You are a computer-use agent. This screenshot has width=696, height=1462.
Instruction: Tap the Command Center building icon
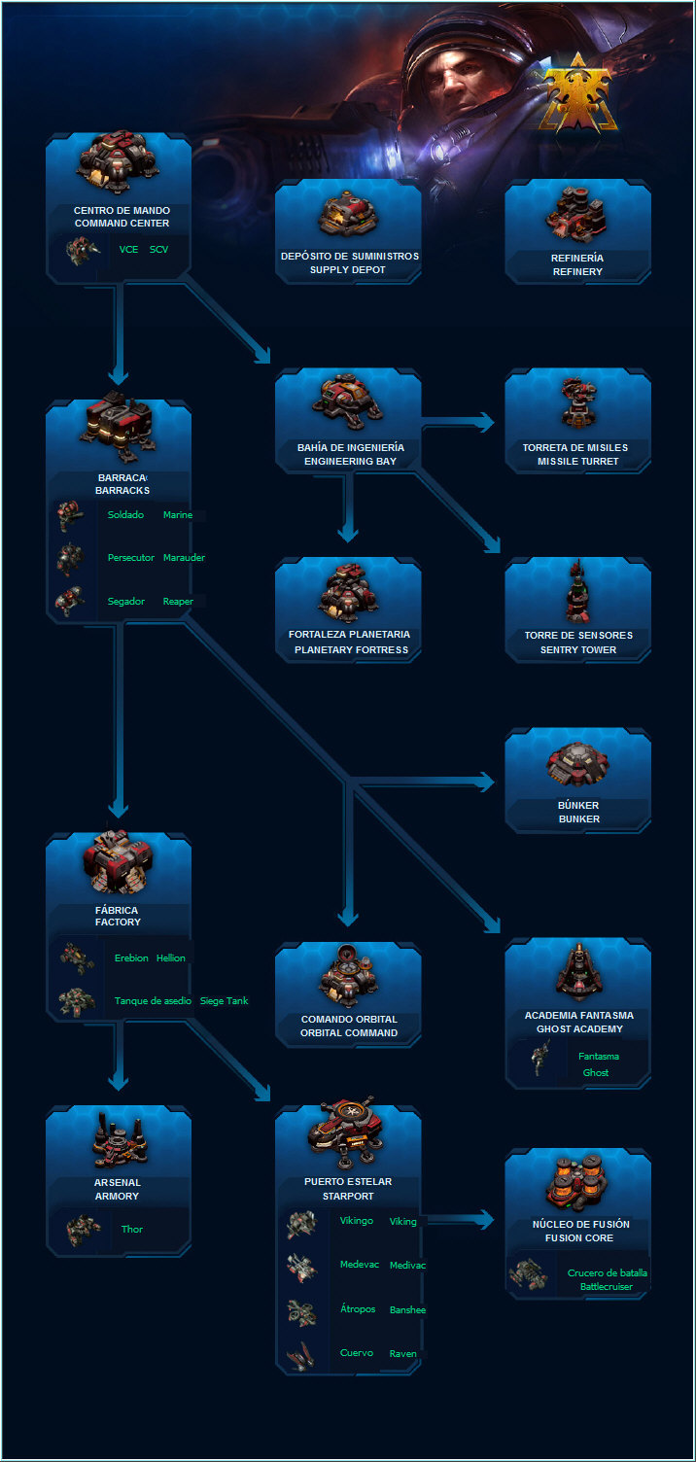click(118, 162)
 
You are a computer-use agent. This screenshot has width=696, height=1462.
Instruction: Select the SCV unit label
click(158, 249)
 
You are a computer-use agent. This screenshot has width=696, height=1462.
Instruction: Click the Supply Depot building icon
click(348, 214)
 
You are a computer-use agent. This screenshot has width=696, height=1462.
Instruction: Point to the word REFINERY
click(577, 271)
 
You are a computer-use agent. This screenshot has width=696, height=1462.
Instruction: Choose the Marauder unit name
click(184, 557)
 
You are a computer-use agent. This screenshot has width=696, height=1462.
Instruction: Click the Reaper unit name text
click(178, 601)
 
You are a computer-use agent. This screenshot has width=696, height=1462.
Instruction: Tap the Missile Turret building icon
click(577, 402)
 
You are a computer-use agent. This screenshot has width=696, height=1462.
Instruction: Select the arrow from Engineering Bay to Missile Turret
click(458, 422)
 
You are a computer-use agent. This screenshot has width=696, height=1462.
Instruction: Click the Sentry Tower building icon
click(577, 591)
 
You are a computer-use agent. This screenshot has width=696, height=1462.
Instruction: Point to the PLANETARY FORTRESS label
click(351, 650)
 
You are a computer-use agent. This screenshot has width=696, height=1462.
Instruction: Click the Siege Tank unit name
click(224, 1000)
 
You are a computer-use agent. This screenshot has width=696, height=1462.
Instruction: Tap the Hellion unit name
click(171, 958)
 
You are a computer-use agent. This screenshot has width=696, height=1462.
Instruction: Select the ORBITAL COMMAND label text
click(349, 1032)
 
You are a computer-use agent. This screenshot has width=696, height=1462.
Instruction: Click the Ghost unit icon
click(539, 1058)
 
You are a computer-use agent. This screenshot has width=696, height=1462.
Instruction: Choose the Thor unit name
click(132, 1229)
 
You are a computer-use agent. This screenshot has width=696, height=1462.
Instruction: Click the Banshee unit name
click(407, 1310)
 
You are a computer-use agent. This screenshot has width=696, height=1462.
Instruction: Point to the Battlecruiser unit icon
click(529, 1274)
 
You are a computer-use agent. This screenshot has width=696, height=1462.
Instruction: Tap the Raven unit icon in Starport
click(301, 1354)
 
